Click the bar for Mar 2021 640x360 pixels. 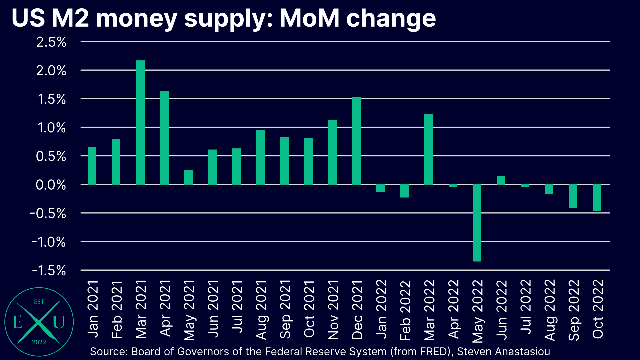coord(140,123)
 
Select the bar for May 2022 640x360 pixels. coord(477,223)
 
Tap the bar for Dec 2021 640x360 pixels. coord(356,141)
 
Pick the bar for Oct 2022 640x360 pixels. coord(597,198)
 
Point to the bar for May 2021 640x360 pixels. coord(188,177)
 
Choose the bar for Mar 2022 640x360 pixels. coord(428,149)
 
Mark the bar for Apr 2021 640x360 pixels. coord(164,138)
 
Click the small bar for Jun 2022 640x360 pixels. coord(501,180)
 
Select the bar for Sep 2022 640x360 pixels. coord(573,196)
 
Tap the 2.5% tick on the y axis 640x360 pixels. coord(51,42)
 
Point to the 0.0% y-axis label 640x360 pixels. coord(51,185)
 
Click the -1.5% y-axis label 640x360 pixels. coord(49,270)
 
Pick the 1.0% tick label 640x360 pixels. coord(51,128)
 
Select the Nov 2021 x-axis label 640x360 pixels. coord(333,310)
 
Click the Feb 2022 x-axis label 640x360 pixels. coord(405,311)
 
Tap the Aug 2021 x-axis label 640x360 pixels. coord(261,310)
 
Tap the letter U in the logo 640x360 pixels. coord(59,322)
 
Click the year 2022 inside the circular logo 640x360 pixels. coord(39,342)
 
